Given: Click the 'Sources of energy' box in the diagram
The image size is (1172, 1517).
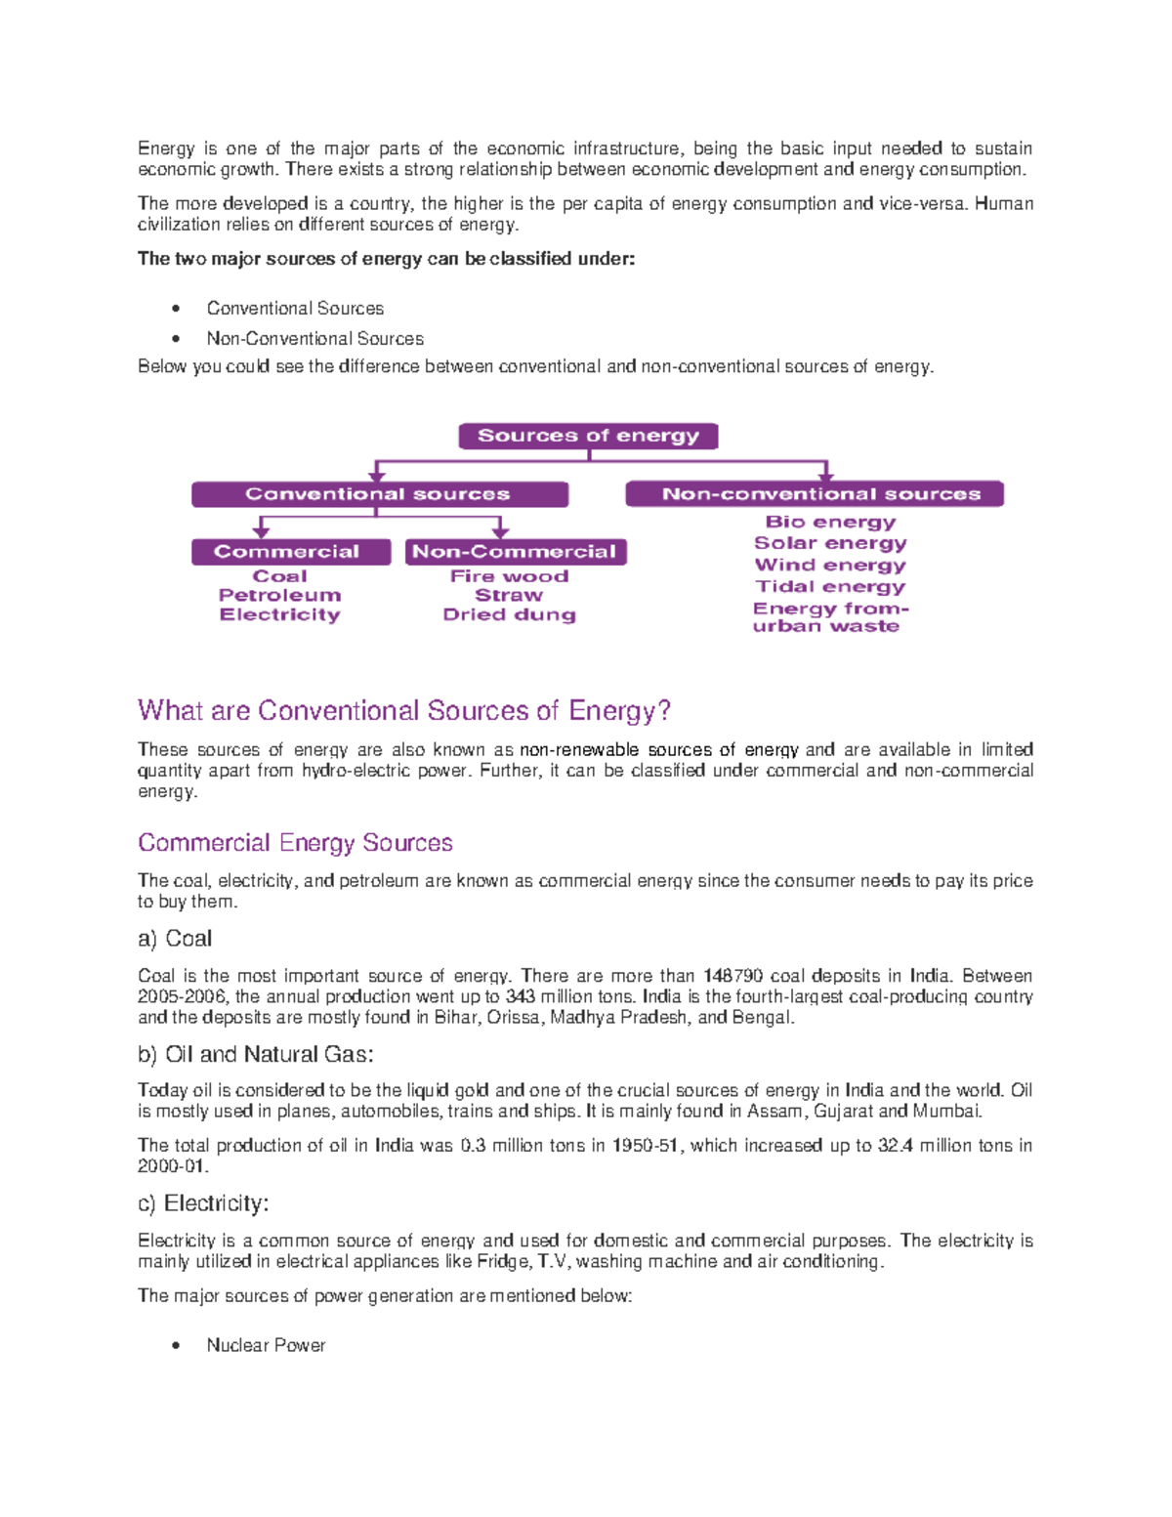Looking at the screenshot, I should point(588,436).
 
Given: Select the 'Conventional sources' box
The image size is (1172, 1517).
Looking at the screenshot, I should point(379,494).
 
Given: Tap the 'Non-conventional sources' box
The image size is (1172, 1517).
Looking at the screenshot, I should point(815,494).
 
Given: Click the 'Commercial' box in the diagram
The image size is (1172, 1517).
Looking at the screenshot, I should point(290,552).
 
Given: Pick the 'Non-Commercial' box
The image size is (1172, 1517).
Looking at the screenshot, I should point(515,552).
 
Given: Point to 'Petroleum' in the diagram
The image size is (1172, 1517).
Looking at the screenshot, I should point(279,595).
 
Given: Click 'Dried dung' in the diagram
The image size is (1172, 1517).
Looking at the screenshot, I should point(509,614).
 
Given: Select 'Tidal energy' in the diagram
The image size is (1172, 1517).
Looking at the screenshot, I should point(830,586).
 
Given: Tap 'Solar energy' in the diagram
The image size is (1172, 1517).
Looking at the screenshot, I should point(830,543).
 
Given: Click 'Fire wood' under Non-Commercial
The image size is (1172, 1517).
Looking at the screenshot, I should point(509,576).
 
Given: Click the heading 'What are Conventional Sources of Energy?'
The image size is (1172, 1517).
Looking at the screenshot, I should point(404,710).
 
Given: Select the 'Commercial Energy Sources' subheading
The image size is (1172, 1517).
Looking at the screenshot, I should point(295,842).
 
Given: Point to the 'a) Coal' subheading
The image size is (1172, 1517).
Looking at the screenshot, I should point(175,939).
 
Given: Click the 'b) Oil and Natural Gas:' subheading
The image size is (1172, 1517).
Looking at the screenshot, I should point(256,1054).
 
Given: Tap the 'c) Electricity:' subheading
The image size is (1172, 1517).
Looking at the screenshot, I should point(203,1203).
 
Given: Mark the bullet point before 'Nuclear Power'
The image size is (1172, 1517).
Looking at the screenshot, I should point(176,1345).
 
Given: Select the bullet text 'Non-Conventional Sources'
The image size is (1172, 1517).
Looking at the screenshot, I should point(314,339).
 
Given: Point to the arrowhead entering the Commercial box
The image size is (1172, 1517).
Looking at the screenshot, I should point(261,532).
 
